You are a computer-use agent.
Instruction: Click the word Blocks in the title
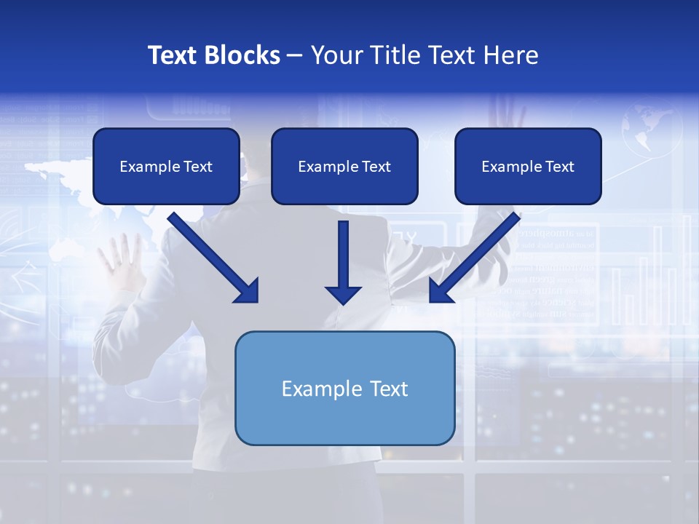click(242, 55)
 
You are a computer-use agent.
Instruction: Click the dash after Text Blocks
click(295, 56)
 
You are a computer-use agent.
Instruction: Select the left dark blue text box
click(166, 166)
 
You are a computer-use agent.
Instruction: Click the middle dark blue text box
click(344, 166)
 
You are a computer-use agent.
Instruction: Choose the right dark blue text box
click(528, 166)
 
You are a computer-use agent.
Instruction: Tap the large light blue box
click(344, 388)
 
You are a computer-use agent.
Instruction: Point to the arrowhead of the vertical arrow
click(343, 294)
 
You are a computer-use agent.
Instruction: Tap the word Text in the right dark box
click(558, 167)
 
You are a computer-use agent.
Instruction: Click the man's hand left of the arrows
click(121, 262)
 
